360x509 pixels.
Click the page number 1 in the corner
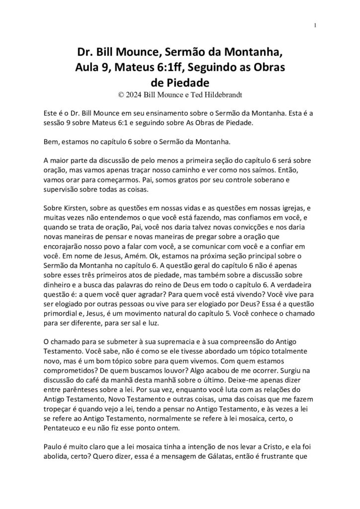316,26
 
